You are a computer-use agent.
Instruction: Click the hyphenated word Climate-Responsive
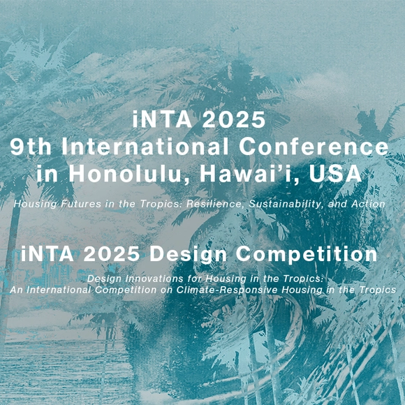tap(227, 289)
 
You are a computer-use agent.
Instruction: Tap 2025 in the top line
tap(235, 120)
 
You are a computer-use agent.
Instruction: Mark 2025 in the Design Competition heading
tap(121, 254)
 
